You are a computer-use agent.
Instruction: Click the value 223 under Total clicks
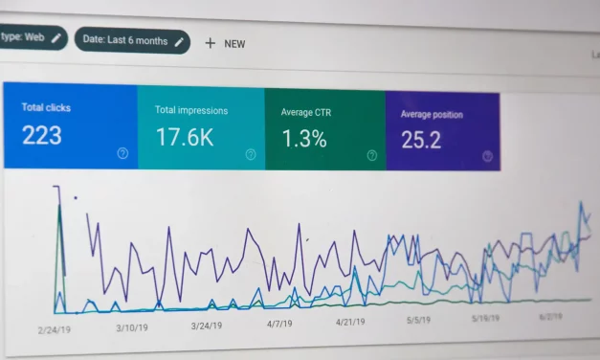(x=41, y=135)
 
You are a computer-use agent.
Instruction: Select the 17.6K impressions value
(x=185, y=137)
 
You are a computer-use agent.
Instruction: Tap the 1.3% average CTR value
(x=303, y=139)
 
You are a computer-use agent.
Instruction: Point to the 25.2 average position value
(x=421, y=141)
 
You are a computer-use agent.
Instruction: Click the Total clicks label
(x=46, y=106)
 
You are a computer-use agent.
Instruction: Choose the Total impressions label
(x=192, y=110)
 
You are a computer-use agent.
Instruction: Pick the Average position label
(x=432, y=115)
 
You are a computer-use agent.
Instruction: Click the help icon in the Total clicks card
(x=122, y=152)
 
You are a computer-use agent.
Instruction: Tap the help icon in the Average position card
(x=488, y=156)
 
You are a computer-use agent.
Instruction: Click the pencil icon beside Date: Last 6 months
(x=179, y=42)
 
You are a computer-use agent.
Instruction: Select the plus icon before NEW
(x=211, y=43)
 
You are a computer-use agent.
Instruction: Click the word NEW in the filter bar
(x=234, y=44)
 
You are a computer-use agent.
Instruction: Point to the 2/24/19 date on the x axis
(x=56, y=328)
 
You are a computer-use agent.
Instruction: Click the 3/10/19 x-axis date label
(x=131, y=326)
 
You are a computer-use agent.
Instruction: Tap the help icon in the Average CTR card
(x=371, y=154)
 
